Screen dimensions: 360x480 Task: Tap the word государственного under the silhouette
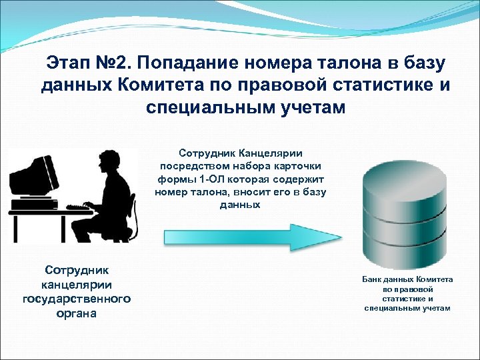pos(76,299)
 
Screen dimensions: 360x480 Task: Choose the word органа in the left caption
pos(76,313)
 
